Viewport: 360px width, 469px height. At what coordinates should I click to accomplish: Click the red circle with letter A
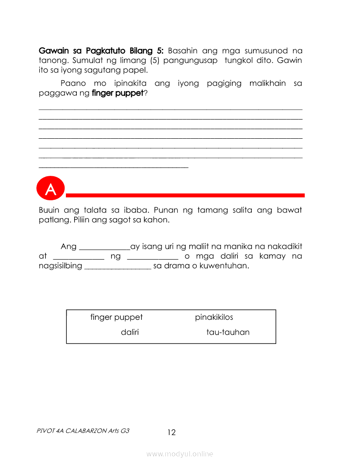pyautogui.click(x=51, y=189)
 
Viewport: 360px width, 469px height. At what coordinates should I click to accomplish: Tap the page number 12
pyautogui.click(x=171, y=432)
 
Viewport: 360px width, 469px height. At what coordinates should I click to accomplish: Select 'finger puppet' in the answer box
pyautogui.click(x=117, y=317)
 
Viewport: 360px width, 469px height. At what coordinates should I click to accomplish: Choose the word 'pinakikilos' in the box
pyautogui.click(x=214, y=317)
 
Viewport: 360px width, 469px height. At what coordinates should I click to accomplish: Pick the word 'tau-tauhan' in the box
pyautogui.click(x=228, y=332)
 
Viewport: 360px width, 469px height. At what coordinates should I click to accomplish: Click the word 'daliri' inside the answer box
pyautogui.click(x=130, y=332)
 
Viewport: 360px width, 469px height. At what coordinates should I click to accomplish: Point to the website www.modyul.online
pyautogui.click(x=180, y=454)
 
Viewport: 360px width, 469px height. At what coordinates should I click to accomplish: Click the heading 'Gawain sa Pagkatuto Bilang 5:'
pyautogui.click(x=101, y=51)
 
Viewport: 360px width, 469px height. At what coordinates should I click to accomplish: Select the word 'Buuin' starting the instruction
pyautogui.click(x=49, y=210)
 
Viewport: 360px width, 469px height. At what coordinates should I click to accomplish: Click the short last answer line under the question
pyautogui.click(x=113, y=167)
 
